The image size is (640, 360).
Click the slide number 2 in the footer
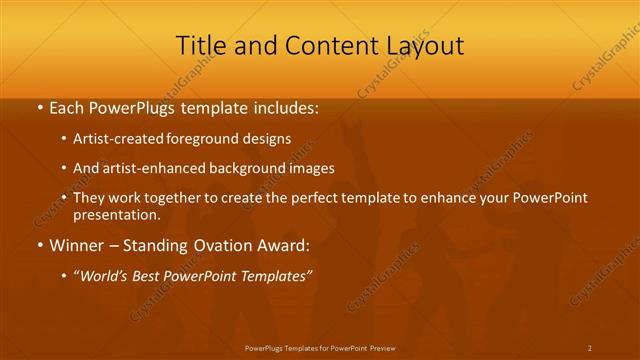tap(590, 347)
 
